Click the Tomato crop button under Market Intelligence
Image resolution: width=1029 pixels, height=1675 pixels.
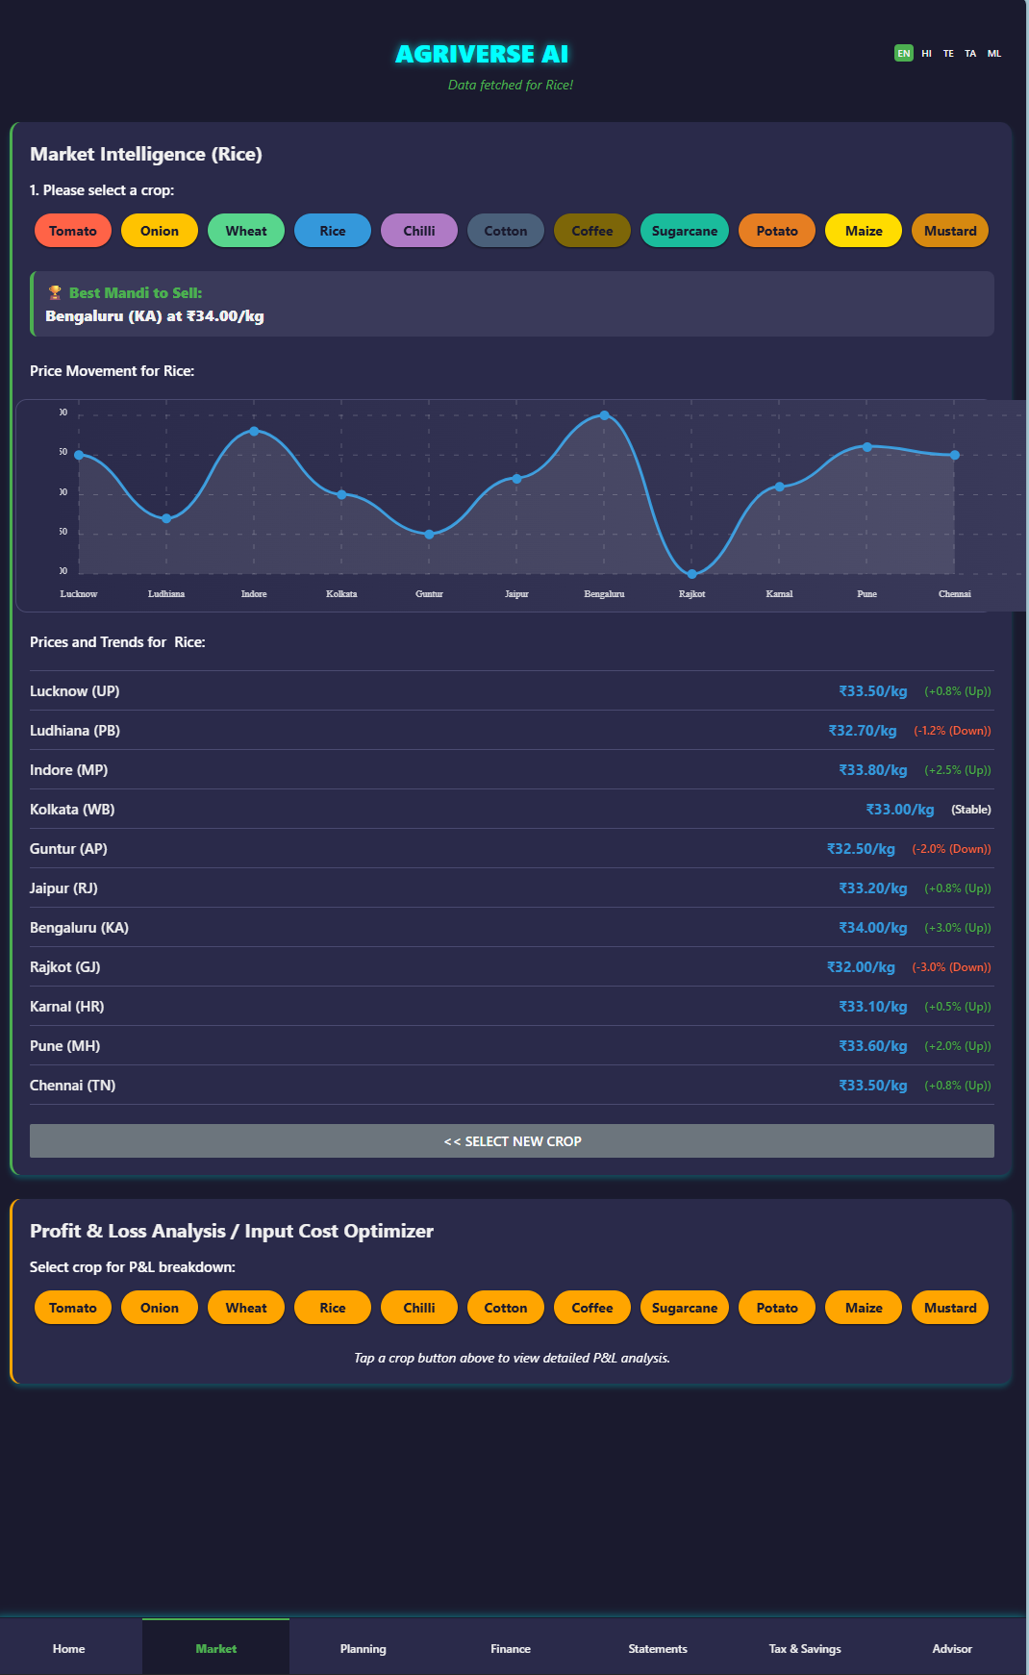coord(73,231)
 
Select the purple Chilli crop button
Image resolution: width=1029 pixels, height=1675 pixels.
coord(419,231)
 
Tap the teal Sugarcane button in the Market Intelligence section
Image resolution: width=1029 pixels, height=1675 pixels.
coord(685,231)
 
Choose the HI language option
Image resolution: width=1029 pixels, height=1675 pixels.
coord(926,54)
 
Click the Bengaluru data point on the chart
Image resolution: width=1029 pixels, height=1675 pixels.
coord(604,415)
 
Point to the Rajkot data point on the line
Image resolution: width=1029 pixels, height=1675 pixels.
coord(692,574)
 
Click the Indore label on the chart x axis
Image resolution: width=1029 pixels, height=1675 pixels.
coord(254,594)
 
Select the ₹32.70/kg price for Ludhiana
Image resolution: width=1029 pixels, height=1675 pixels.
coord(863,731)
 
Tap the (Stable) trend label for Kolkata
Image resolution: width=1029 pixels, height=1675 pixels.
coord(971,810)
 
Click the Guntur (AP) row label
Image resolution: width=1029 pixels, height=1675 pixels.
coord(68,849)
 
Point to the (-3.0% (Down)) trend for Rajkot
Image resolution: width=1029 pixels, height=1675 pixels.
coord(951,967)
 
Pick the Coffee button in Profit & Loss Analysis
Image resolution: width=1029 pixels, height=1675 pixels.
coord(592,1308)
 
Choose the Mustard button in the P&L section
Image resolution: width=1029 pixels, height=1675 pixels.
coord(950,1308)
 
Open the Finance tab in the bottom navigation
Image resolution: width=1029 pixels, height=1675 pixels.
coord(511,1648)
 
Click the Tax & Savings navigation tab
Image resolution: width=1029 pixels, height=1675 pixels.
coord(805,1648)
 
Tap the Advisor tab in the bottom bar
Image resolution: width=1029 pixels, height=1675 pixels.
coord(952,1648)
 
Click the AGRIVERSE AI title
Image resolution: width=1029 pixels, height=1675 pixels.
coord(482,54)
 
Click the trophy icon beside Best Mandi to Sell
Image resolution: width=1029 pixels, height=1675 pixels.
coord(55,293)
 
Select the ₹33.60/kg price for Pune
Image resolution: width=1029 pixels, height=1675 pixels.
coord(873,1046)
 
